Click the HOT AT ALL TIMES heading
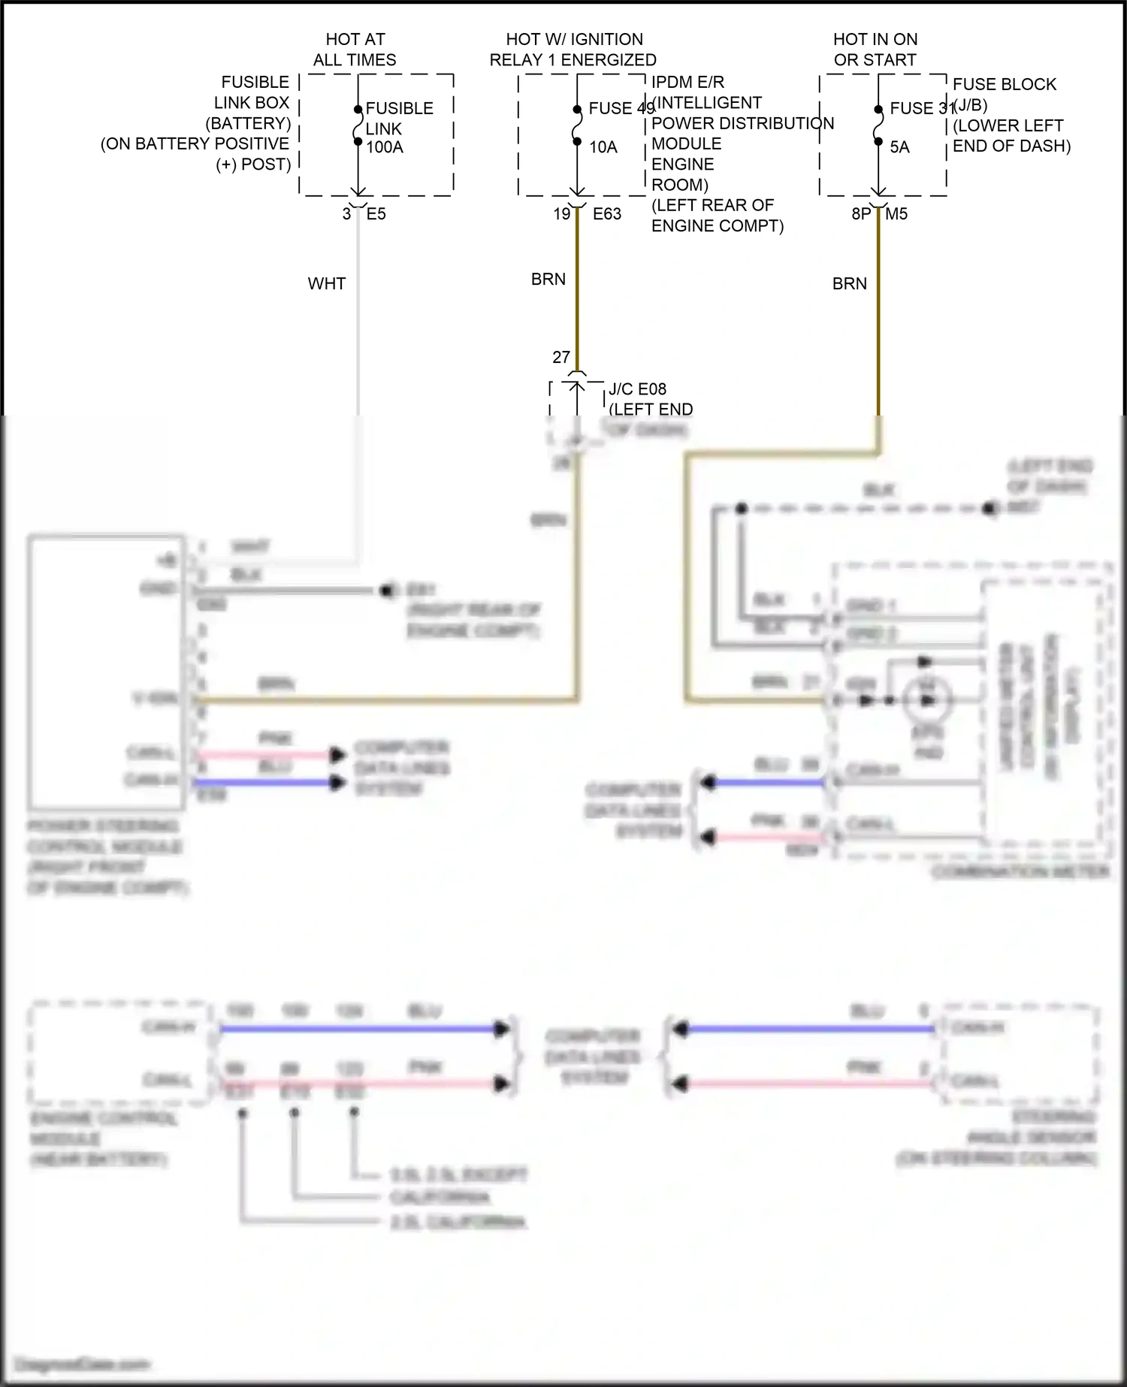coord(355,50)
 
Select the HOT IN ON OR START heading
coord(875,50)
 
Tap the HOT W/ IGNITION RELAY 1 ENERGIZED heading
coord(573,50)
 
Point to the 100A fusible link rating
coord(385,148)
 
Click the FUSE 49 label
coord(620,109)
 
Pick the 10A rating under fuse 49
coord(603,148)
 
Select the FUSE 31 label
coord(921,109)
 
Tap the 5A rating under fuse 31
coord(900,148)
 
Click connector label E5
coord(376,214)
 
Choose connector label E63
coord(607,214)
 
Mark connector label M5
coord(896,214)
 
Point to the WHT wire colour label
coord(327,284)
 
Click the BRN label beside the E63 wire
coord(548,280)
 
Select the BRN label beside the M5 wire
coord(850,284)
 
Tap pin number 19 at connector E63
coord(562,214)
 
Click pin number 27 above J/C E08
coord(561,358)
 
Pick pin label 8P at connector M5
coord(861,214)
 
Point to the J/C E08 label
coord(637,389)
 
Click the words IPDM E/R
coord(687,83)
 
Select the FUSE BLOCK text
coord(1005,85)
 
